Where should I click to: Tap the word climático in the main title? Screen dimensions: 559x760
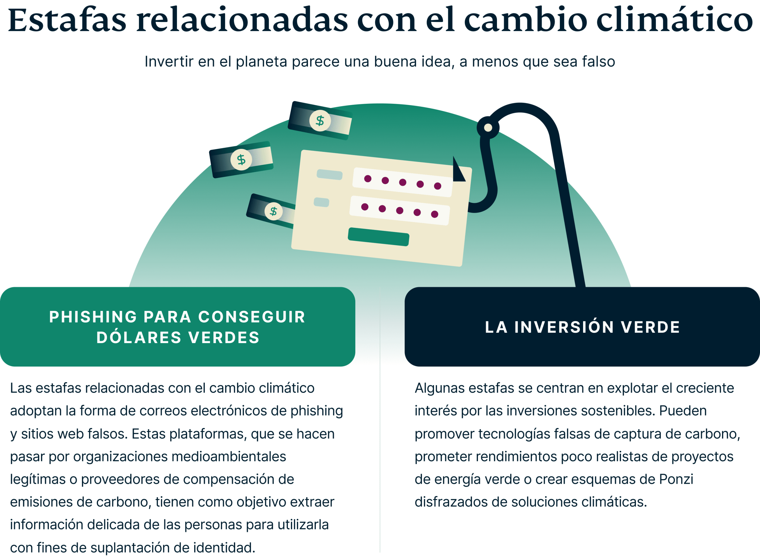(x=674, y=20)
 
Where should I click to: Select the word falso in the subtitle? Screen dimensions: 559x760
(x=598, y=62)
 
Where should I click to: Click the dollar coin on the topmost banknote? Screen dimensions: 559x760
(x=320, y=120)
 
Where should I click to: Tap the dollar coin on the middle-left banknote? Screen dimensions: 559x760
(x=241, y=159)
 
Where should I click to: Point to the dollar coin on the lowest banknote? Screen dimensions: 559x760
(x=273, y=211)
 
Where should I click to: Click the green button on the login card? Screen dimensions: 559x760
(x=378, y=237)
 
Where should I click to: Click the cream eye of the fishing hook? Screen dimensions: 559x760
(x=488, y=128)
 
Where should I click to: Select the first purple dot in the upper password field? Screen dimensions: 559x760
(x=368, y=179)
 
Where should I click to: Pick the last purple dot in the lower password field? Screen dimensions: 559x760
(x=435, y=214)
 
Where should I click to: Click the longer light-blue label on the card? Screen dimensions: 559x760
(x=329, y=175)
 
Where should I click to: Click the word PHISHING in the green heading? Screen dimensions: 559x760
(x=93, y=317)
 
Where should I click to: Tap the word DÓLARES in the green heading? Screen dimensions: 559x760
(x=139, y=338)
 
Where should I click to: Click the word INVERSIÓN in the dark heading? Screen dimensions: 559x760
(x=564, y=327)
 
